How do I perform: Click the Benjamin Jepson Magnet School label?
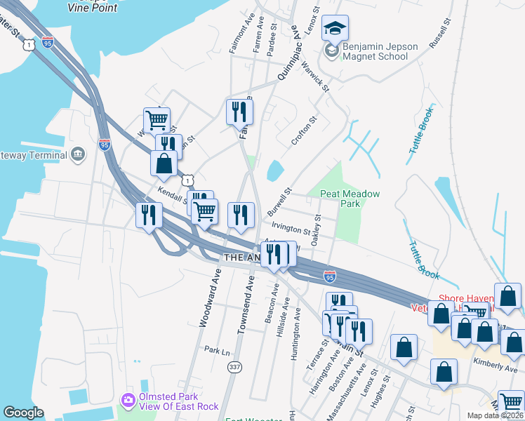[x=380, y=51]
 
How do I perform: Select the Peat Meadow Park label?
[x=350, y=199]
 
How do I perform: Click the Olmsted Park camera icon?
[x=128, y=400]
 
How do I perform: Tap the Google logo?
[x=23, y=413]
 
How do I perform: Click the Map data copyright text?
[x=496, y=415]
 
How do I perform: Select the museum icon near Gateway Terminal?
[x=77, y=154]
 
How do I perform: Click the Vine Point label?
[x=92, y=7]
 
